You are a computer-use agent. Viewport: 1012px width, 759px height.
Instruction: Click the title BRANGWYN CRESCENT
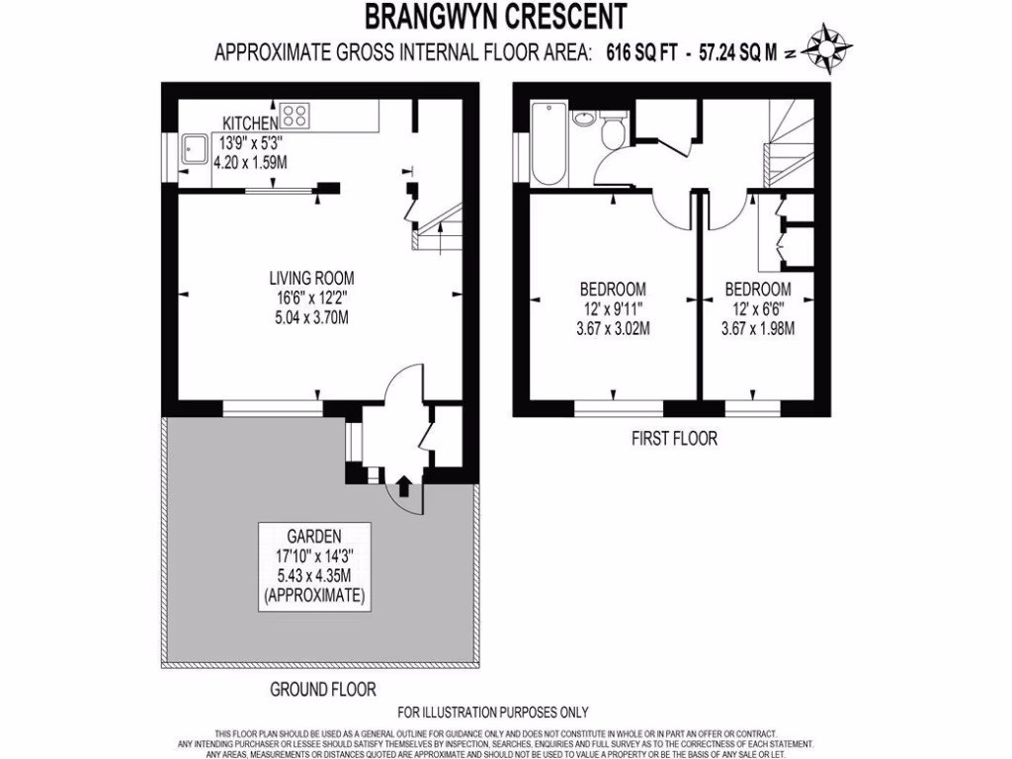[x=495, y=17]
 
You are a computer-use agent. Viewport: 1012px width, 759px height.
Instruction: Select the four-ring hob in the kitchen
[x=295, y=116]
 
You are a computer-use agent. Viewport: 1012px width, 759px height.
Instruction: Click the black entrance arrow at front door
[x=403, y=486]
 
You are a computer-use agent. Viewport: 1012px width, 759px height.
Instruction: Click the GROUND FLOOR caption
[x=323, y=689]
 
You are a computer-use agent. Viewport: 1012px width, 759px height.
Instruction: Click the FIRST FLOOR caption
[x=674, y=438]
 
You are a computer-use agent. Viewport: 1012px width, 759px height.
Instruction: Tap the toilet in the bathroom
[x=613, y=130]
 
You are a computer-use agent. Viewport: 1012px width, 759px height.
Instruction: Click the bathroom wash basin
[x=584, y=122]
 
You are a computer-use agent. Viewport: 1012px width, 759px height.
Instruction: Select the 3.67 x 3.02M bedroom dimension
[x=613, y=329]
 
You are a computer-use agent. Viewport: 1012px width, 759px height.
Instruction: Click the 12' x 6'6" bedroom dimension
[x=758, y=309]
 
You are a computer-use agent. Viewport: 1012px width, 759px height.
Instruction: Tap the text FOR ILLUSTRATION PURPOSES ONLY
[x=492, y=712]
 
